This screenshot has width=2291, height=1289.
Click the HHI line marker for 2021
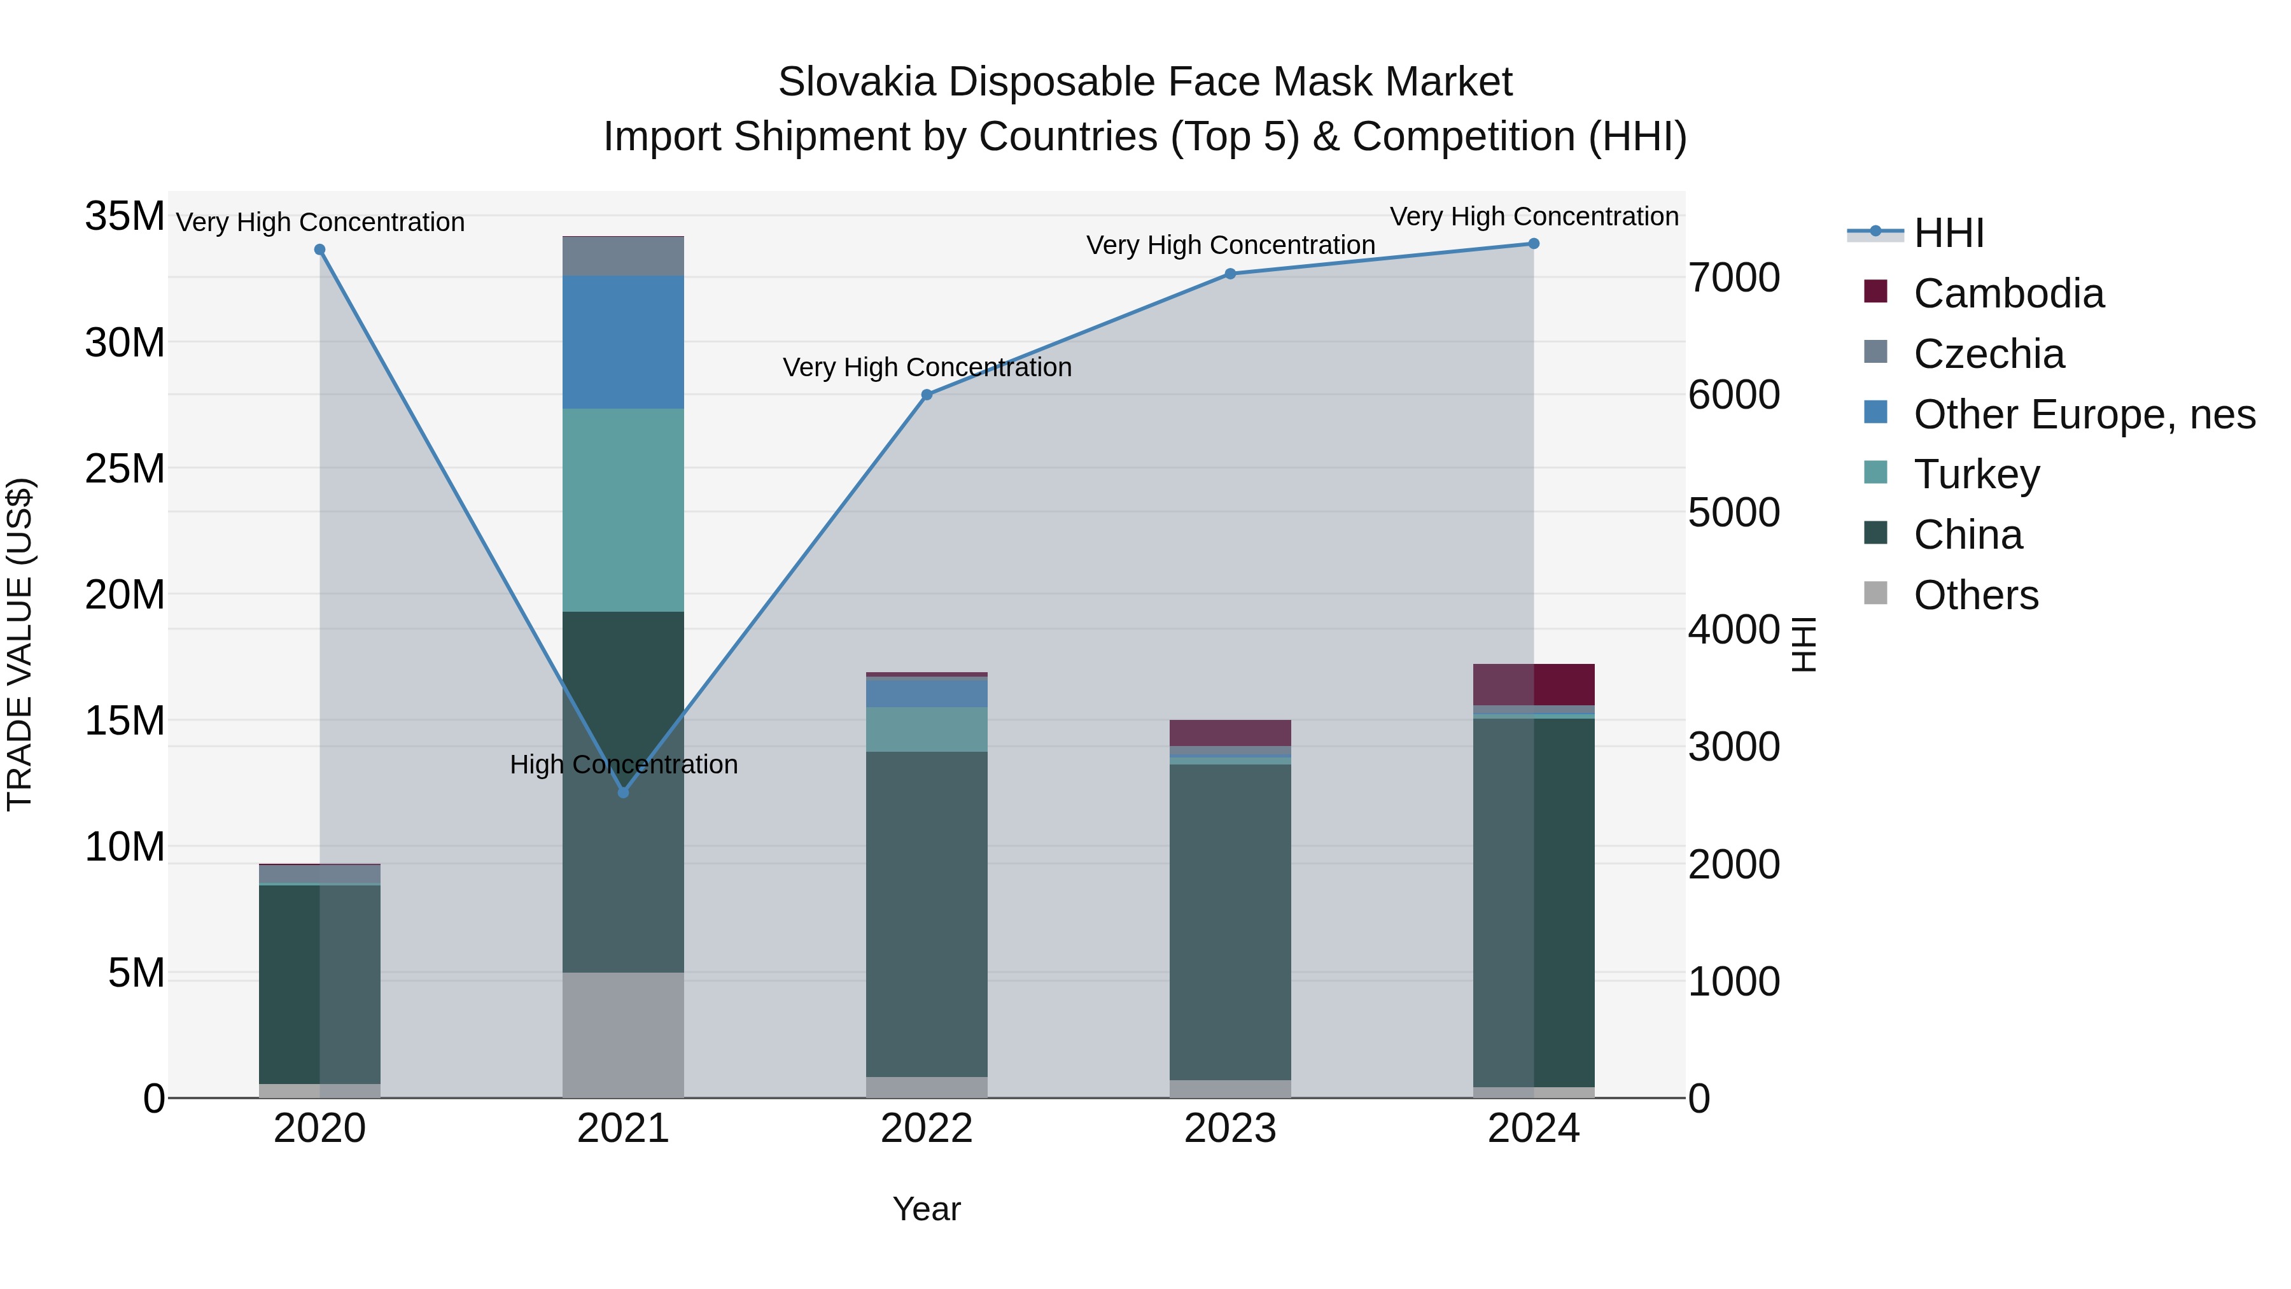pyautogui.click(x=624, y=792)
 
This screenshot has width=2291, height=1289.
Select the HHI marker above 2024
pyautogui.click(x=1533, y=244)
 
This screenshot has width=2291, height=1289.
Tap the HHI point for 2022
pyautogui.click(x=927, y=394)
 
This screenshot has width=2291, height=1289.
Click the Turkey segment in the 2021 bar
pyautogui.click(x=624, y=510)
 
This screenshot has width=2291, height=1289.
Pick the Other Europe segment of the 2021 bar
pyautogui.click(x=624, y=342)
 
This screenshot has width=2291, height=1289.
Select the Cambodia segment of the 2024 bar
pyautogui.click(x=1533, y=684)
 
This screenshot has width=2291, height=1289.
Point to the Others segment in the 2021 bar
pyautogui.click(x=624, y=1034)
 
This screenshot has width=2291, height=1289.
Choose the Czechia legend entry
pyautogui.click(x=1989, y=354)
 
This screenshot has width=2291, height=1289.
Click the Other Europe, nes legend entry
pyautogui.click(x=2084, y=414)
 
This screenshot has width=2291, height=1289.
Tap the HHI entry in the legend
pyautogui.click(x=1948, y=233)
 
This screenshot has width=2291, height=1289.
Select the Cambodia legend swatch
pyautogui.click(x=1875, y=292)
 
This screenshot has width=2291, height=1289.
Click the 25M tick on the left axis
pyautogui.click(x=125, y=468)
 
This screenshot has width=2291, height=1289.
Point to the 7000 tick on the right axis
pyautogui.click(x=1734, y=278)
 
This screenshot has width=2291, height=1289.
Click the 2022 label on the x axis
pyautogui.click(x=927, y=1129)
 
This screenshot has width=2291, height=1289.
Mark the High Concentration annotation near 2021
pyautogui.click(x=624, y=764)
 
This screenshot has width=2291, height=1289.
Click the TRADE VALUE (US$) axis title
pyautogui.click(x=20, y=644)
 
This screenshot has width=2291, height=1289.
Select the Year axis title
pyautogui.click(x=927, y=1209)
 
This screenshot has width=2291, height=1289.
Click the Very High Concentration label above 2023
pyautogui.click(x=1230, y=244)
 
